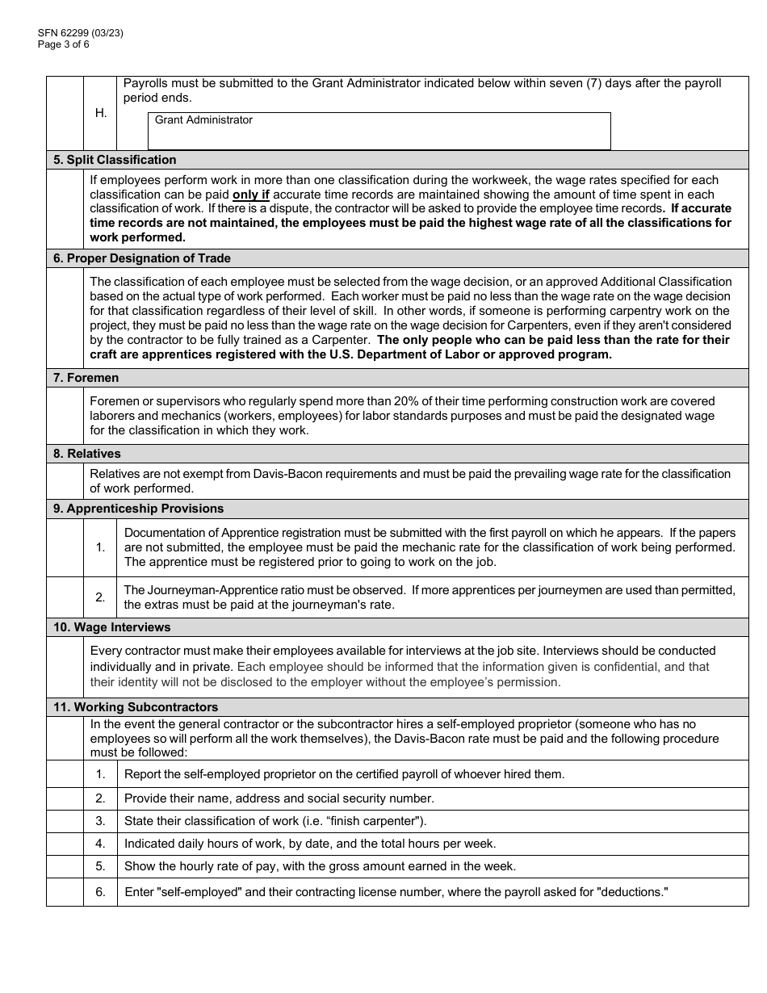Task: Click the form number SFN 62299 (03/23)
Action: [80, 33]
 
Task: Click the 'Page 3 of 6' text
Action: [63, 44]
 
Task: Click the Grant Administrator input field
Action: [379, 135]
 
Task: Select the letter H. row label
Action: [101, 113]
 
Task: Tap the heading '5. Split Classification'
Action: [115, 160]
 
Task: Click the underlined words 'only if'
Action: [251, 195]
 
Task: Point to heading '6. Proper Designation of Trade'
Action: [142, 258]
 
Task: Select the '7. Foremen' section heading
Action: [86, 378]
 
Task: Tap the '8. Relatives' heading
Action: [87, 454]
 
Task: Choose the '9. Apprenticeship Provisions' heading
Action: [138, 509]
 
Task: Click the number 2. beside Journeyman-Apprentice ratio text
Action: [100, 598]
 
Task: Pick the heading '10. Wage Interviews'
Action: [111, 627]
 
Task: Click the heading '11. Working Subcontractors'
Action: [136, 707]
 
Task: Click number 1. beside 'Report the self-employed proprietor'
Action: [100, 774]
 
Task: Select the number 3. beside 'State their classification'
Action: [100, 821]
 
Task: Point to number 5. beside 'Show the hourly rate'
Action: [100, 866]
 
